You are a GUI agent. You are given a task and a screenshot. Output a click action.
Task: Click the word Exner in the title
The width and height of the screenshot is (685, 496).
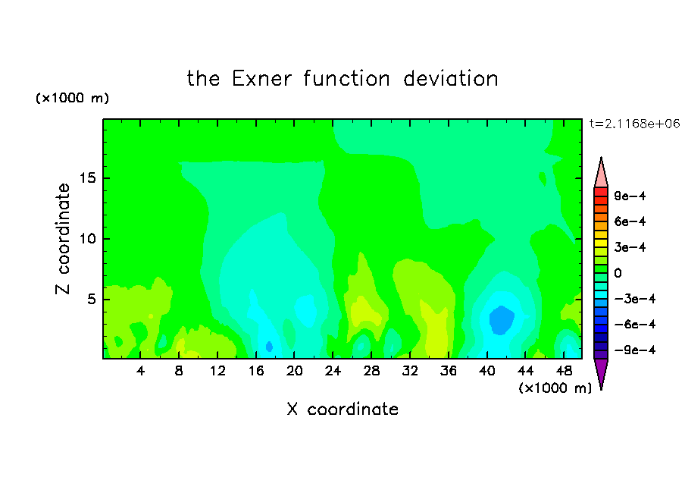261,79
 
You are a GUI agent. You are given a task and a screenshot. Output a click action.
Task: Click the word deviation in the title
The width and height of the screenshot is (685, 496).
450,79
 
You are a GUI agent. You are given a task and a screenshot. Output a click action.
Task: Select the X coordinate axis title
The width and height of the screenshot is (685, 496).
342,409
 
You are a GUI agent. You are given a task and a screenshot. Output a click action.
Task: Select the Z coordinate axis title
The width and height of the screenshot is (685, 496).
63,239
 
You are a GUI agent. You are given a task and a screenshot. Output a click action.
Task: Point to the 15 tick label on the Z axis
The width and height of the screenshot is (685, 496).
87,178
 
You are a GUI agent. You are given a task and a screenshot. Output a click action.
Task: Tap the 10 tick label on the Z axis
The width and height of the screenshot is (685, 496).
87,239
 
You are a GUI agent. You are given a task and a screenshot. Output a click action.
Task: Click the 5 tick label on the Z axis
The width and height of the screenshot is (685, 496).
91,299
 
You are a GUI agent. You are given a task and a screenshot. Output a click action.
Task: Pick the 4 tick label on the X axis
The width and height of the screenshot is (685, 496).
140,371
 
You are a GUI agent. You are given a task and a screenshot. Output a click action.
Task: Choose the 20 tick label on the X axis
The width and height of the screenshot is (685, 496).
295,371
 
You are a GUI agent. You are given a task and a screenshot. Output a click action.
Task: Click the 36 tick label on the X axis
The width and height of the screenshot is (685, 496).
449,371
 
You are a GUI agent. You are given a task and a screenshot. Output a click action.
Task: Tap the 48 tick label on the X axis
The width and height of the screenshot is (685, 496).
564,371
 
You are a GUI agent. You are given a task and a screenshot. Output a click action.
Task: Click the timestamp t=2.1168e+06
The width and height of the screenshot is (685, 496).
634,124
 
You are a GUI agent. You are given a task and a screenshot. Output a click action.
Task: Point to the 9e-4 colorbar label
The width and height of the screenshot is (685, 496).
630,196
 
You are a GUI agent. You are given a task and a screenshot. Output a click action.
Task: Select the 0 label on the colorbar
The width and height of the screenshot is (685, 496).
618,273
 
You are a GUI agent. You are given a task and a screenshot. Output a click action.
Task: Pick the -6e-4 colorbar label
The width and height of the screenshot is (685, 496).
635,325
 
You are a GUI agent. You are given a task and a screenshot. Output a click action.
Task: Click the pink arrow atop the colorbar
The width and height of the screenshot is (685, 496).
601,173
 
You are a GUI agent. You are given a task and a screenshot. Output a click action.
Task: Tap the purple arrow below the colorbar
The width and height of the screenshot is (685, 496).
601,373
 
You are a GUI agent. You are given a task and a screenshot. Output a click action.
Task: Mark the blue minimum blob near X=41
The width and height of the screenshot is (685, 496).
502,320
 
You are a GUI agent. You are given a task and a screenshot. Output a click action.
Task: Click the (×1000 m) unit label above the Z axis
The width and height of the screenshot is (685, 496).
72,98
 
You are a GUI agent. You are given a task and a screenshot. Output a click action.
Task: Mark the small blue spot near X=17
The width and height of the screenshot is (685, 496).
269,347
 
